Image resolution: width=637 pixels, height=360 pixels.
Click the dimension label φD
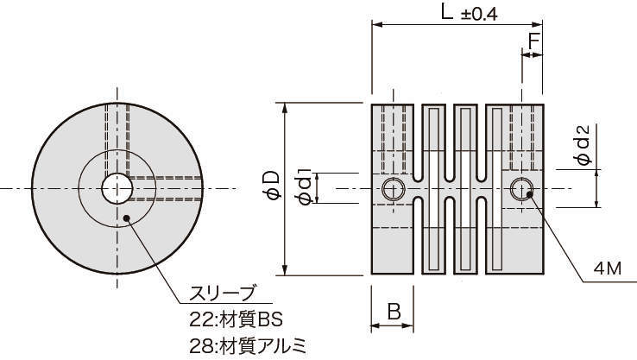(x=273, y=186)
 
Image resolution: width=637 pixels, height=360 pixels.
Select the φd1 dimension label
(x=305, y=186)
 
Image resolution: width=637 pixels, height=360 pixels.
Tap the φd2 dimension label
(x=582, y=145)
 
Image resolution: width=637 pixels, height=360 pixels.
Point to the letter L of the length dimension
(x=447, y=13)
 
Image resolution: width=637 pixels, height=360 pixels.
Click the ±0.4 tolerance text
(x=479, y=15)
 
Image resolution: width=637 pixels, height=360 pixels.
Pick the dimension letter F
(x=533, y=41)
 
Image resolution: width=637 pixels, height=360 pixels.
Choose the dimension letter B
(x=394, y=312)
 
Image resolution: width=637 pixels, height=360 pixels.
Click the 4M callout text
(x=607, y=268)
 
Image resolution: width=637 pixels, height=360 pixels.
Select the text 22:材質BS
(x=236, y=319)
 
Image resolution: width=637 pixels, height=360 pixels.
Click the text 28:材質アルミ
(x=248, y=346)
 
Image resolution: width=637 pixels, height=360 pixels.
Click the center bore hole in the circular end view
(x=117, y=188)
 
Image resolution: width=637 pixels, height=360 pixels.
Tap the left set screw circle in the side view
(x=393, y=189)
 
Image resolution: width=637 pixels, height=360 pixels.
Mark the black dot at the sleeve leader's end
(x=126, y=218)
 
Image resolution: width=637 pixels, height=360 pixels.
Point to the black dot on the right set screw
(x=529, y=194)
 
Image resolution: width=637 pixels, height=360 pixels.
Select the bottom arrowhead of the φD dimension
(x=286, y=270)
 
